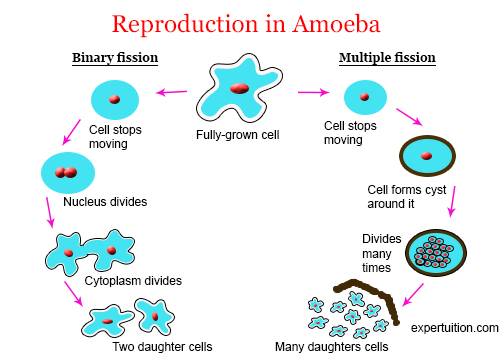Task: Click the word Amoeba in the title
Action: tap(336, 24)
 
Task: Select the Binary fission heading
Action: tap(115, 58)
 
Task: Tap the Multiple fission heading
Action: tap(387, 58)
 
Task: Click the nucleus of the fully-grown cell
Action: tap(239, 88)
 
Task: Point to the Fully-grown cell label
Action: tap(238, 135)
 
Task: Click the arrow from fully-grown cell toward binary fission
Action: tap(172, 92)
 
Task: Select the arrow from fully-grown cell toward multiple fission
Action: tap(313, 92)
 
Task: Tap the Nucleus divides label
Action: tap(105, 202)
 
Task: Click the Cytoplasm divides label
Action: tap(133, 281)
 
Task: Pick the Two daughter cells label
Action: tap(162, 347)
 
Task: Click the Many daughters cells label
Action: tap(332, 347)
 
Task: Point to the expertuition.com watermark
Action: tap(455, 328)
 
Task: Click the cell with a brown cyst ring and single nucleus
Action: tap(428, 156)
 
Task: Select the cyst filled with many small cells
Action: tap(436, 253)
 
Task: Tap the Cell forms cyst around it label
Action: tap(407, 197)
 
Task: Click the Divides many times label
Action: tap(382, 253)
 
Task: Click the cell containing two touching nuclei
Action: tap(68, 173)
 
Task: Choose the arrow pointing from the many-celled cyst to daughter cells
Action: tap(413, 295)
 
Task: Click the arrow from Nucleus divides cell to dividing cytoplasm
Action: tap(49, 212)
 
